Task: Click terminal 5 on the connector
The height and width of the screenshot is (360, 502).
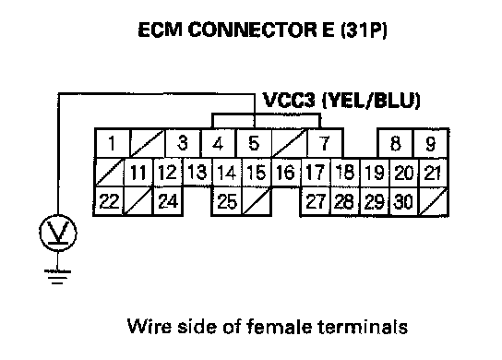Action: (x=254, y=143)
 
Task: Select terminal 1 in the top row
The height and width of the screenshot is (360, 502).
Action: (x=112, y=143)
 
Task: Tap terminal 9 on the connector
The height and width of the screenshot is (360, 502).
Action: (x=431, y=143)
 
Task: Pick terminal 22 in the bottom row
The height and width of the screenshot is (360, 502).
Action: (x=109, y=201)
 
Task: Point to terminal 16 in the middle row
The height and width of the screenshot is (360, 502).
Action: (x=285, y=173)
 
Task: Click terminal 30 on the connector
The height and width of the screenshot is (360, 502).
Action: (x=403, y=201)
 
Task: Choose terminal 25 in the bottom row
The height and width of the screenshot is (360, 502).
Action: (x=227, y=201)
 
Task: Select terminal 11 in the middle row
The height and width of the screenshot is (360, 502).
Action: (x=138, y=173)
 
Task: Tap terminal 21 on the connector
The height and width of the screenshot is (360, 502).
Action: (x=433, y=173)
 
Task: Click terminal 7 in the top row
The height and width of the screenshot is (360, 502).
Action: (x=324, y=143)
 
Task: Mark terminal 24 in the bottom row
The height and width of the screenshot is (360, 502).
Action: (x=168, y=201)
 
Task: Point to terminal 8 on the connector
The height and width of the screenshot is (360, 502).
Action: (x=396, y=143)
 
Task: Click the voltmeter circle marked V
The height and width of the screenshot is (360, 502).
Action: (x=58, y=233)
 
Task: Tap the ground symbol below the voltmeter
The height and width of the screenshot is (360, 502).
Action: (x=57, y=277)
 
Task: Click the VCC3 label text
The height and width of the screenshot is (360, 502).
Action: (x=289, y=101)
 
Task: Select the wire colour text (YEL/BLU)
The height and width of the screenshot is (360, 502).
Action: (x=371, y=101)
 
